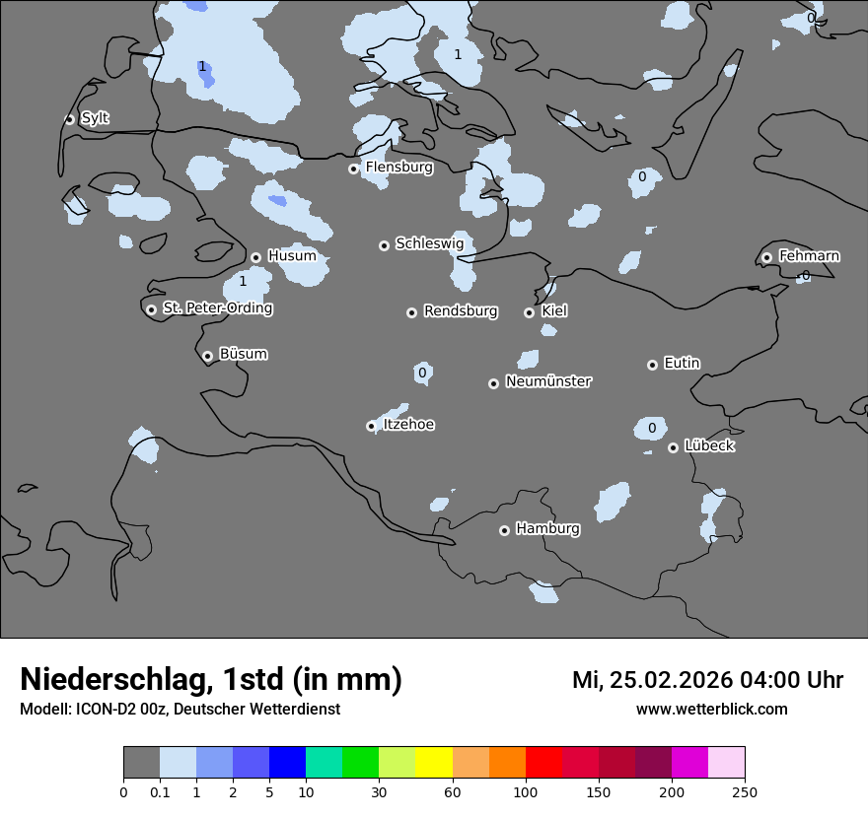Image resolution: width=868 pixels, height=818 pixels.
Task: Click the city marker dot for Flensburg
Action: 353,169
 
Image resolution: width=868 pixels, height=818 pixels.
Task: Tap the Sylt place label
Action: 95,118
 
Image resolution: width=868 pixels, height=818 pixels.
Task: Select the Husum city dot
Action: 255,257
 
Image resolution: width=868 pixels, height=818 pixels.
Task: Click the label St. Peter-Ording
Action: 217,308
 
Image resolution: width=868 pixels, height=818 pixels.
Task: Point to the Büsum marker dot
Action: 207,356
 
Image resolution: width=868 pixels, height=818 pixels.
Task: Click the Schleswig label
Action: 429,243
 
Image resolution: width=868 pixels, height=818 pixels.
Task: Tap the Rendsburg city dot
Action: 411,312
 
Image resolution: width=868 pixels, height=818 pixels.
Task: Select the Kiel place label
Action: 554,311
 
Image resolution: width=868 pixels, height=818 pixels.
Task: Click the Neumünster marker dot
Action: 493,383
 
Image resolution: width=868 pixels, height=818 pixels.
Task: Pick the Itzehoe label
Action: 408,425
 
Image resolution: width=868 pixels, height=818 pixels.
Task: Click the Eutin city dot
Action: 652,365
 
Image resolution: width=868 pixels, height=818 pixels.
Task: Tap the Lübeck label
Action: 709,446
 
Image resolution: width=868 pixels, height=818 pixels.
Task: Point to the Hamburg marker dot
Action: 504,530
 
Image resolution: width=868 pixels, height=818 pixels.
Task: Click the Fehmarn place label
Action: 809,256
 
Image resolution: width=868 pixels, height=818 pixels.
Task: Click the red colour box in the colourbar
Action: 543,763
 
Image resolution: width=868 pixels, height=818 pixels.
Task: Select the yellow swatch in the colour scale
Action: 433,763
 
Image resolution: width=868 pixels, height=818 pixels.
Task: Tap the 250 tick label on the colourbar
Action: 745,791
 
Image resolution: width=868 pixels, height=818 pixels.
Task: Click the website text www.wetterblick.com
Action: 711,710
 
